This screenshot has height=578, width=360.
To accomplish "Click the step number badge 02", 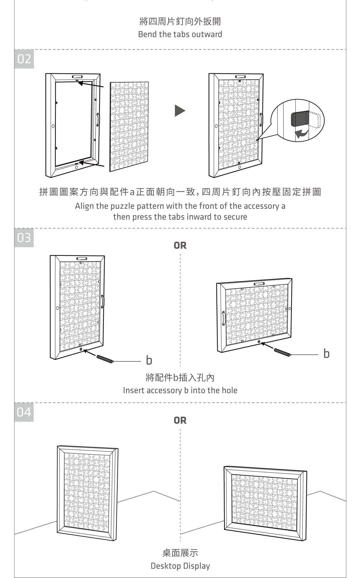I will pyautogui.click(x=24, y=59).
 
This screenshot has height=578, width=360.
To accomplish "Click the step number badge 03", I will pyautogui.click(x=24, y=238).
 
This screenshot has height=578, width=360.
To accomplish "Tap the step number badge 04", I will pyautogui.click(x=24, y=412).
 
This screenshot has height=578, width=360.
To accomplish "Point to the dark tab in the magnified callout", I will pyautogui.click(x=298, y=119).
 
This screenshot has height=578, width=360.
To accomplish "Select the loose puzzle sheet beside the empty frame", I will pyautogui.click(x=129, y=126).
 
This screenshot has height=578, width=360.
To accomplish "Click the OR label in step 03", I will pyautogui.click(x=180, y=245).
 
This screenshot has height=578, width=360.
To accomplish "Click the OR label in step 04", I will pyautogui.click(x=180, y=420).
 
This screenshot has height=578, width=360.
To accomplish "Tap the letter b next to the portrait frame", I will pyautogui.click(x=149, y=360).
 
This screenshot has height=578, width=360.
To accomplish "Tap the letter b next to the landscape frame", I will pyautogui.click(x=326, y=354).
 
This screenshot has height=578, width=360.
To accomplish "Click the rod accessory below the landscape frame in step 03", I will pyautogui.click(x=282, y=352).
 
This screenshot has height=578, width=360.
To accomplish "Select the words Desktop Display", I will pyautogui.click(x=180, y=566).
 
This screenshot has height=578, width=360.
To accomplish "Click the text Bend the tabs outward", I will pyautogui.click(x=180, y=34).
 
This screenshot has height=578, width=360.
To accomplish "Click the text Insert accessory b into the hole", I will pyautogui.click(x=180, y=390).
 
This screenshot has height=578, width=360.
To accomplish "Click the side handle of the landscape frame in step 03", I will pyautogui.click(x=223, y=319).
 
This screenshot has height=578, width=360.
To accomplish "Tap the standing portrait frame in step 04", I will pyautogui.click(x=88, y=492).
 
